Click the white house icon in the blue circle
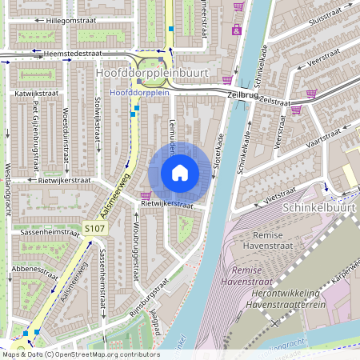[180, 173]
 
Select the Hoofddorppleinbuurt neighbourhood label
[151, 73]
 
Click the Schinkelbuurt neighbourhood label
[320, 208]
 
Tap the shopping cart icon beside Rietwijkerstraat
[145, 194]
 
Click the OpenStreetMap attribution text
[80, 354]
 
